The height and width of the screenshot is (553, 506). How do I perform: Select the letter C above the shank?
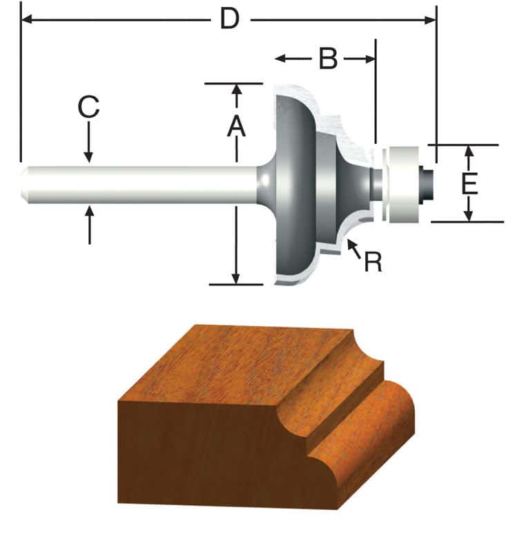(x=88, y=108)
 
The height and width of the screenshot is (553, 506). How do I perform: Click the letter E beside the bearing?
(x=469, y=184)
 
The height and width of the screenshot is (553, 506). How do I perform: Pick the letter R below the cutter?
(x=373, y=262)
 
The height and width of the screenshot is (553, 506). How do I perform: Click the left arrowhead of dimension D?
(x=28, y=20)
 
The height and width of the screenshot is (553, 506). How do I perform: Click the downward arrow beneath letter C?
(x=89, y=156)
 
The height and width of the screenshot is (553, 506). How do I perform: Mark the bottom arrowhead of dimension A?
(x=236, y=277)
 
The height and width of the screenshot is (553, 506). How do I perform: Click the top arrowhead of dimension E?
(x=469, y=151)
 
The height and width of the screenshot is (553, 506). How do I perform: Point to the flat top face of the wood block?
(x=242, y=366)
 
